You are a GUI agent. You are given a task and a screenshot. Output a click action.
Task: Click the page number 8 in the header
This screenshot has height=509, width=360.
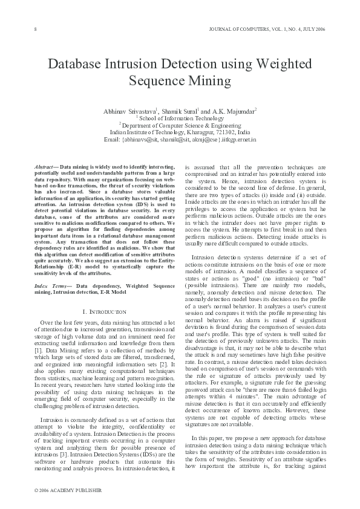click(35, 29)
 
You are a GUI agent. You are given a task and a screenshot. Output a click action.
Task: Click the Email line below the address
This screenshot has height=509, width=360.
click(180, 139)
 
